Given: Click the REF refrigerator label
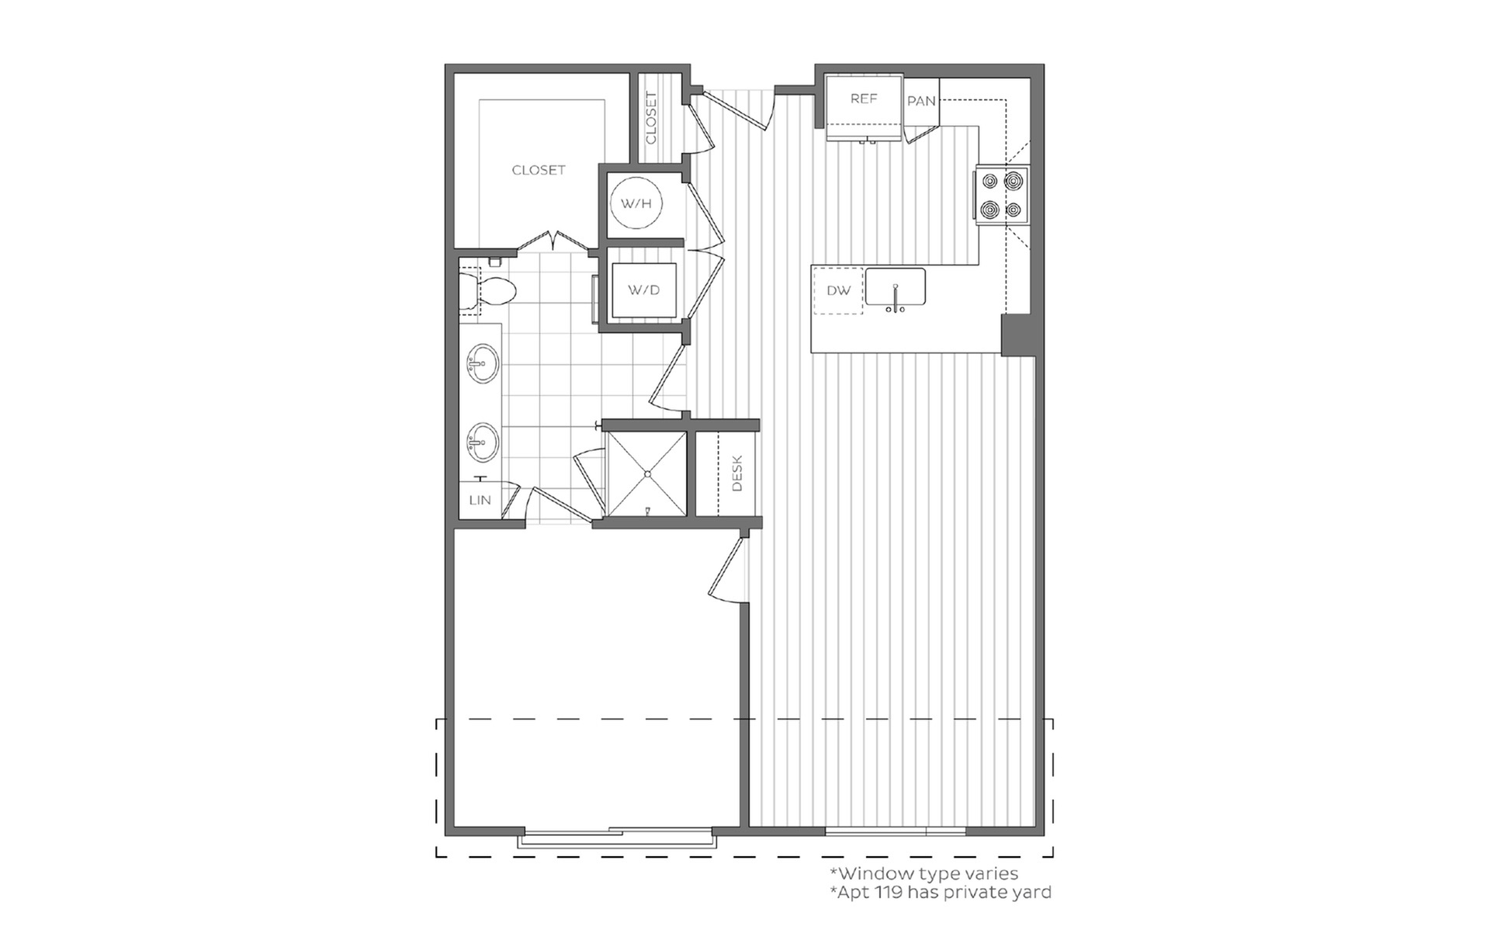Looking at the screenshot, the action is [x=863, y=99].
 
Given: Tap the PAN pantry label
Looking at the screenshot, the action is [x=921, y=101].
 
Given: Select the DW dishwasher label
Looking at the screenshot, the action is [x=838, y=290].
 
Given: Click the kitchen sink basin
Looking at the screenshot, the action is [x=896, y=287].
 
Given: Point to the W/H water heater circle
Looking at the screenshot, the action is [x=636, y=203].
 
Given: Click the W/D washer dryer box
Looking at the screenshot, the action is [x=643, y=290].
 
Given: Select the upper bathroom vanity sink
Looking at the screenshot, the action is [x=482, y=363].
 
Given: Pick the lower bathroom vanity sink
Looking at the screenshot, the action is [x=482, y=442].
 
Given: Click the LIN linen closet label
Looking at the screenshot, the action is [x=480, y=500].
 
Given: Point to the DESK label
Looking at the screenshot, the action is [x=737, y=473].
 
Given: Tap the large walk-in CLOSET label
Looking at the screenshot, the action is [x=539, y=170].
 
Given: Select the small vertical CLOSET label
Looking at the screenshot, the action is [x=651, y=118].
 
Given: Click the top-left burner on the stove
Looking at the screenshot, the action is [x=989, y=182].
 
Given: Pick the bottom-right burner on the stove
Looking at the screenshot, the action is [x=1014, y=210].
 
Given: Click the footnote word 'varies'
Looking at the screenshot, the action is [x=991, y=874].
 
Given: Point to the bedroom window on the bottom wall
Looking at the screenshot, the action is [x=617, y=839].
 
